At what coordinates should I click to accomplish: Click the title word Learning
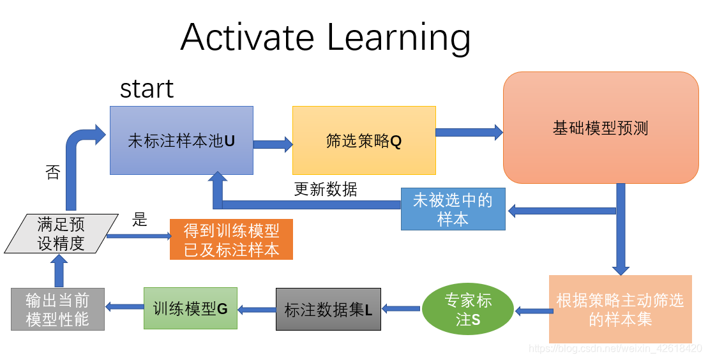[399, 38]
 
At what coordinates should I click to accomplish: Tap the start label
[147, 89]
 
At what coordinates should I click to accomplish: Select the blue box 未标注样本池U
[181, 140]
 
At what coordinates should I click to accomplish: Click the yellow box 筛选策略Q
[364, 140]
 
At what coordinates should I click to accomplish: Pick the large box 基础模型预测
[601, 128]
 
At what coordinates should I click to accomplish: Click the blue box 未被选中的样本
[453, 209]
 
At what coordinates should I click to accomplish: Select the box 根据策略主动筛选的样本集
[620, 310]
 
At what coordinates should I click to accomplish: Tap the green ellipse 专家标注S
[468, 310]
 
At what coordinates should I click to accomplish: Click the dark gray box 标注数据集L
[328, 310]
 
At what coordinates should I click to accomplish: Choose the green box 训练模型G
[190, 308]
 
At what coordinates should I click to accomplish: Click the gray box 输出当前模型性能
[57, 310]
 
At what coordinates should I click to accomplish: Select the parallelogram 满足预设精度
[61, 234]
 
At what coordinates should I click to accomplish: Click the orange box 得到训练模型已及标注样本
[231, 239]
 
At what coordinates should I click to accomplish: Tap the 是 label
[139, 220]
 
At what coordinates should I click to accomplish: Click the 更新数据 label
[326, 190]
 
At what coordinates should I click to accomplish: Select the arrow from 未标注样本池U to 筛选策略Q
[273, 144]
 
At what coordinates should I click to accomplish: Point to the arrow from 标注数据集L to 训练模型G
[257, 309]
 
